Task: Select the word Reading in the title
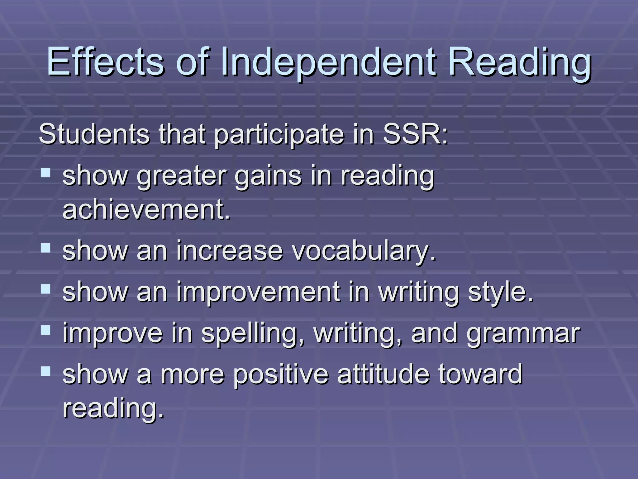coord(519,62)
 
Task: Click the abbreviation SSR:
coord(415,134)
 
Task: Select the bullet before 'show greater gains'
coord(45,172)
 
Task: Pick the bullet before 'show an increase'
coord(45,248)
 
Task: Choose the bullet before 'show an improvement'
coord(45,289)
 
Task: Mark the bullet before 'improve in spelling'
coord(45,330)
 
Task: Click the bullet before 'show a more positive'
coord(45,371)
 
